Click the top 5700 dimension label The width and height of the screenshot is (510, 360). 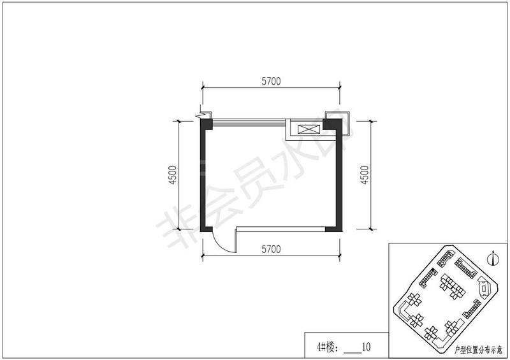[x=271, y=81]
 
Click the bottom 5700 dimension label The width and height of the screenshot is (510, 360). [x=271, y=249]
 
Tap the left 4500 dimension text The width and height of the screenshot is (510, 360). [x=172, y=175]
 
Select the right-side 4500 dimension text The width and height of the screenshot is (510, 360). [x=365, y=175]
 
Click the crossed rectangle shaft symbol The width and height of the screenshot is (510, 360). [x=309, y=129]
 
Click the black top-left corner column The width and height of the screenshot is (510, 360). [x=206, y=124]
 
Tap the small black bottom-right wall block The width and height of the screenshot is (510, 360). [x=333, y=229]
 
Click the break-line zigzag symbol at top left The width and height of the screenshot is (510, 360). [x=201, y=115]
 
